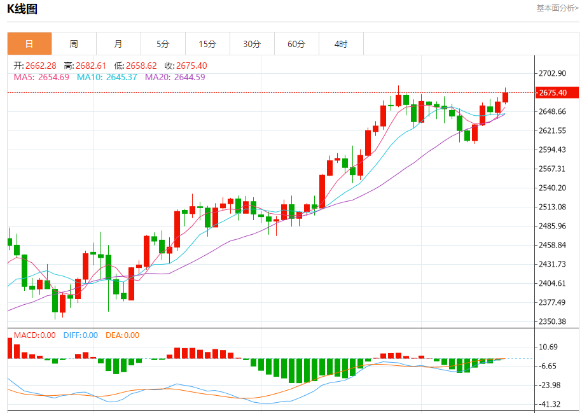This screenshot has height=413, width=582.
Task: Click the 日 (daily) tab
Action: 29,44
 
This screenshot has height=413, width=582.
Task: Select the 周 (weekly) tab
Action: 74,44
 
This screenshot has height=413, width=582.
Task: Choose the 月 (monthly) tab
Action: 118,44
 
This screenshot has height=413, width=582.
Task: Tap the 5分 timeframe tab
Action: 163,44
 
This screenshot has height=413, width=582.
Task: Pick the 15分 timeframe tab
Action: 207,44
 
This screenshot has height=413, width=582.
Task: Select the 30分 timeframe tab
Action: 252,44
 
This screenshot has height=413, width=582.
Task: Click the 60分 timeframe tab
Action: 296,44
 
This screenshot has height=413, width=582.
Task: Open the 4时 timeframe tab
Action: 341,44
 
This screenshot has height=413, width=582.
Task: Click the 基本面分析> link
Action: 557,8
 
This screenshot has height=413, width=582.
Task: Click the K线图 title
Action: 22,9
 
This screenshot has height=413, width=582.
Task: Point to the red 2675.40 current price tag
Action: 557,93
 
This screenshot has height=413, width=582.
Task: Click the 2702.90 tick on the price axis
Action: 552,74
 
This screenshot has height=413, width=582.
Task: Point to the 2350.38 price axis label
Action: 552,321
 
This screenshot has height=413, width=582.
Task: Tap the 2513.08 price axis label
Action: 552,207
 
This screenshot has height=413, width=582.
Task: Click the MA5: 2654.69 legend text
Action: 41,77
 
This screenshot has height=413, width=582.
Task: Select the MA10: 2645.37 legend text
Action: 107,77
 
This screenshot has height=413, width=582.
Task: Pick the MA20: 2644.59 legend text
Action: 175,77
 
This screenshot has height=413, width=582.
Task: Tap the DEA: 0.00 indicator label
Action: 122,335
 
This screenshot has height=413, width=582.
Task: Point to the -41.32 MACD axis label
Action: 551,404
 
